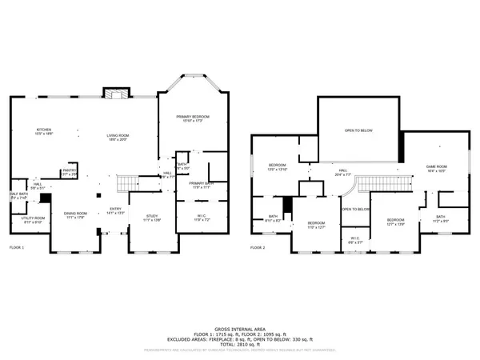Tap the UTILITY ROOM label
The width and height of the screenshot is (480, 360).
point(32,219)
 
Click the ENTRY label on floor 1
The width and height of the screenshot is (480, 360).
point(114,212)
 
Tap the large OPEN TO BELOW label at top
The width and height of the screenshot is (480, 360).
point(358,130)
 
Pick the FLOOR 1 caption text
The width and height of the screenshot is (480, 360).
point(17,248)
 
